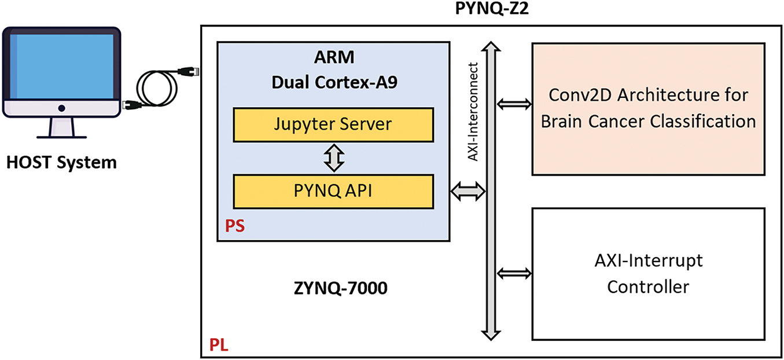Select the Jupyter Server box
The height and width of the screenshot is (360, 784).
[x=333, y=124]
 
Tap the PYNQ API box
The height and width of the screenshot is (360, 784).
[x=333, y=191]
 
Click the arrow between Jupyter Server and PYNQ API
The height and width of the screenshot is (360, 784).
[x=333, y=157]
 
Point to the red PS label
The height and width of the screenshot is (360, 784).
[x=234, y=226]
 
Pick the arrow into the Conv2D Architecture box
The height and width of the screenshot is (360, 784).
[x=514, y=104]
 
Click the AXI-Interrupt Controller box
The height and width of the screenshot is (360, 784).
[x=648, y=273]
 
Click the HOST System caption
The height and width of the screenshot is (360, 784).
[x=61, y=162]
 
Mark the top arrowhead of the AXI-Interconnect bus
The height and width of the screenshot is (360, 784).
[x=491, y=46]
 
